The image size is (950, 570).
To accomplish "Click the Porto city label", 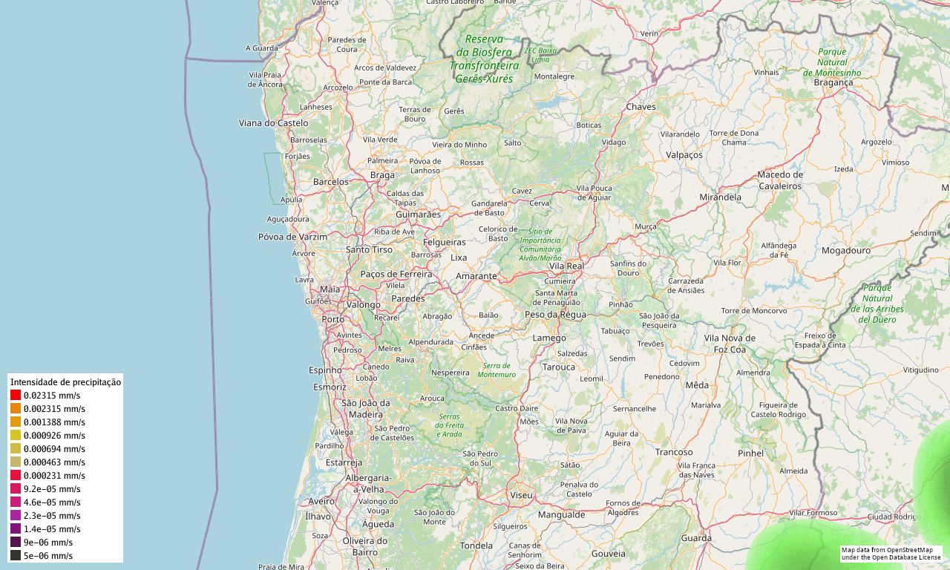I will pos(333,319).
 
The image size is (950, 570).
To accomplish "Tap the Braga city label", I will pos(382,175).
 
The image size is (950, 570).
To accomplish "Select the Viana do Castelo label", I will pos(273,122).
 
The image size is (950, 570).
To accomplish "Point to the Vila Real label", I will pos(566,266).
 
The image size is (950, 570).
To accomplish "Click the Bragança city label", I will pos(833,82).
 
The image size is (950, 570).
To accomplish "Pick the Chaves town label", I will pos(641,107).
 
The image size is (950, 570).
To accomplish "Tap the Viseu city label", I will pos(521,495).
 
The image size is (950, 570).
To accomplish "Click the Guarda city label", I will pos(696,538).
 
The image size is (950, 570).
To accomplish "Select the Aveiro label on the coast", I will pos(321,502).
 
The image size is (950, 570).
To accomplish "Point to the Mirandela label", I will pos(720,197).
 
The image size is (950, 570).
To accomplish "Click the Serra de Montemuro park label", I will pos(497,370).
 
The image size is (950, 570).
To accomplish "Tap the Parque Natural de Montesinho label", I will pos(832,62).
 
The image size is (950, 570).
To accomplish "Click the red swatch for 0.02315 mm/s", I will pos(16,396).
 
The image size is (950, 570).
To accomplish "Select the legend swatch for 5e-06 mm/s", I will pos(16,556).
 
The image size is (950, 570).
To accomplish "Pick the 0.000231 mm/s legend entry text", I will pos(54,476).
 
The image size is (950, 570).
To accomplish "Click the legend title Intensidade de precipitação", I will pos(65,382).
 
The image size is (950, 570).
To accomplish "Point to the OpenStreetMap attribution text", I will pos(891,554).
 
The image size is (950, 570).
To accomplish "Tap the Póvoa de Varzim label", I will pos(292,237).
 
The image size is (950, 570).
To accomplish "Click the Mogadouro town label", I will pos(845,251).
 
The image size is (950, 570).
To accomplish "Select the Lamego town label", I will pos(549,338).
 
